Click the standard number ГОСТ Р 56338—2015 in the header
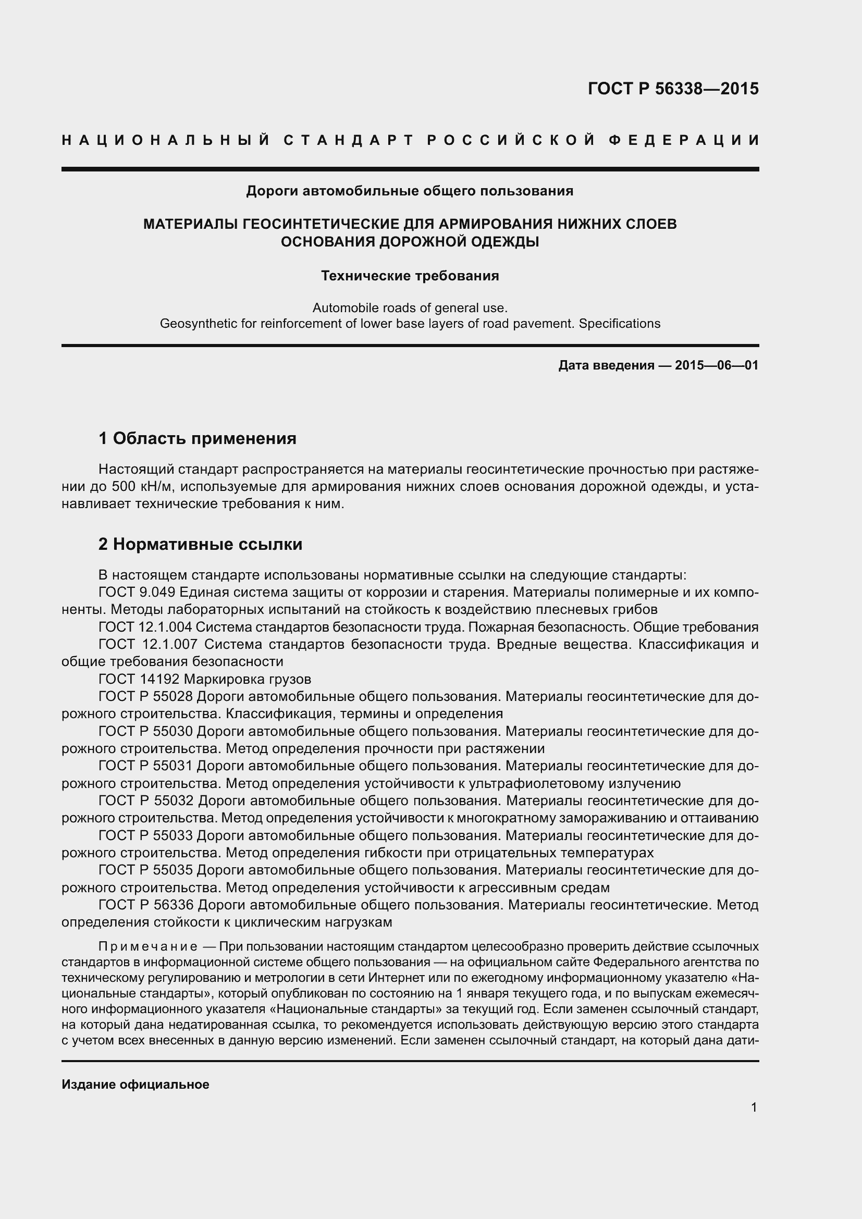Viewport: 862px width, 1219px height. coord(673,89)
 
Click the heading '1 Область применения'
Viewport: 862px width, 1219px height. coord(198,438)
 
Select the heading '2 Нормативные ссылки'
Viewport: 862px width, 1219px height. coord(201,544)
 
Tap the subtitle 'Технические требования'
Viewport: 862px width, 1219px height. coord(410,276)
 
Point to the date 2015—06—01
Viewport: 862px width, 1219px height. coord(717,365)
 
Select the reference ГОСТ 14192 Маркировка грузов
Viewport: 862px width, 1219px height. coord(205,679)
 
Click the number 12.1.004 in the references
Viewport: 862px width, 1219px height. coord(165,627)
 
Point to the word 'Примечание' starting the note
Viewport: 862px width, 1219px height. coord(148,946)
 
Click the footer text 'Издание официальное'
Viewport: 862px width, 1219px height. coord(136,1085)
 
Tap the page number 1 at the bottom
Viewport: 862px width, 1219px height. coord(754,1107)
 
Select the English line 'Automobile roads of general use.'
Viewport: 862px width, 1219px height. coord(410,308)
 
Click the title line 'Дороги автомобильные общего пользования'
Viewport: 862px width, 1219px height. coord(410,191)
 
